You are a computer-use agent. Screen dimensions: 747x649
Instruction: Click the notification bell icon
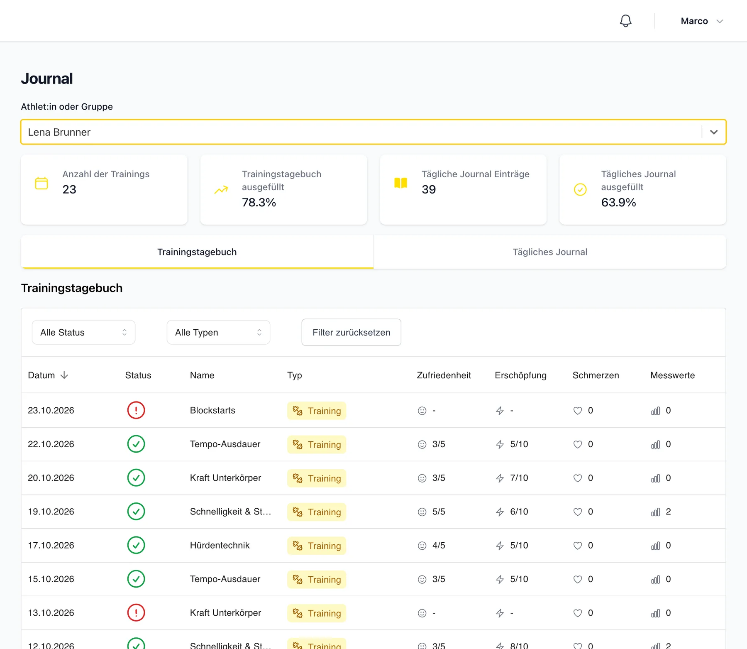click(x=625, y=21)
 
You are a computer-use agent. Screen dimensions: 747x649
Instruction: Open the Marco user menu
click(x=702, y=21)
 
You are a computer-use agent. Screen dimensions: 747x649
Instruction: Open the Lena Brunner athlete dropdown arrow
click(x=714, y=132)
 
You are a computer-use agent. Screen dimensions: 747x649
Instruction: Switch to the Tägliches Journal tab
click(x=550, y=252)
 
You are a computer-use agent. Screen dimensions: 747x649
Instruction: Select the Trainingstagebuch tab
click(x=197, y=252)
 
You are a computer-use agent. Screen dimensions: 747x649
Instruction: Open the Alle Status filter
click(x=83, y=332)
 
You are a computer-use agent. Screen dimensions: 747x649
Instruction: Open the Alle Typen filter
click(x=218, y=332)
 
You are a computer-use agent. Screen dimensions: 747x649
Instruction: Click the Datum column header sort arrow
click(x=64, y=375)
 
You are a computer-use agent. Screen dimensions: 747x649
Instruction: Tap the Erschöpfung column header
click(x=520, y=375)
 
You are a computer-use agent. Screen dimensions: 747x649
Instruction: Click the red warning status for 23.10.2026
click(x=136, y=410)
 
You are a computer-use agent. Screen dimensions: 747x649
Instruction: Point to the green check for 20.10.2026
click(x=136, y=478)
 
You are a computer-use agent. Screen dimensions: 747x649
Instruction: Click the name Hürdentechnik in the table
click(x=220, y=545)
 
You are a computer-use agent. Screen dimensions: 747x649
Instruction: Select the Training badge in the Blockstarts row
click(x=317, y=411)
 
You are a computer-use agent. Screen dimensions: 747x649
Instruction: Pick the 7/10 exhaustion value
click(x=519, y=478)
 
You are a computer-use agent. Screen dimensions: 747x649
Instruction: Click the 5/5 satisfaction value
click(x=439, y=512)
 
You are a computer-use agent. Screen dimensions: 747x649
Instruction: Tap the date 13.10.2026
click(x=51, y=613)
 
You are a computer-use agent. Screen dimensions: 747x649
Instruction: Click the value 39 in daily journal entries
click(x=429, y=189)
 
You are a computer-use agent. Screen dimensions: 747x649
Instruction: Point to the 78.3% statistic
click(x=259, y=202)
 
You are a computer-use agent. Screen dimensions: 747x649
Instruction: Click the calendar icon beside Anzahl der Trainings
click(x=41, y=183)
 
